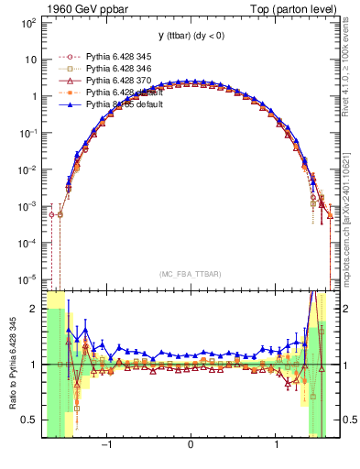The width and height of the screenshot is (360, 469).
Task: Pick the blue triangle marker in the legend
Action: (x=68, y=104)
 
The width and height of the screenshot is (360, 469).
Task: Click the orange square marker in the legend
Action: (x=68, y=93)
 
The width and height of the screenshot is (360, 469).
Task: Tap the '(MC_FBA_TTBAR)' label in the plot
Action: (x=190, y=274)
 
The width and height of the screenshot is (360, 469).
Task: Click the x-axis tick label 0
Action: (x=190, y=446)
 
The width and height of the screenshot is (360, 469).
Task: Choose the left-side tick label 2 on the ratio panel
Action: (x=35, y=310)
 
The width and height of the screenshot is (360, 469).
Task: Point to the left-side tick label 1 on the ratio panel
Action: (x=35, y=365)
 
